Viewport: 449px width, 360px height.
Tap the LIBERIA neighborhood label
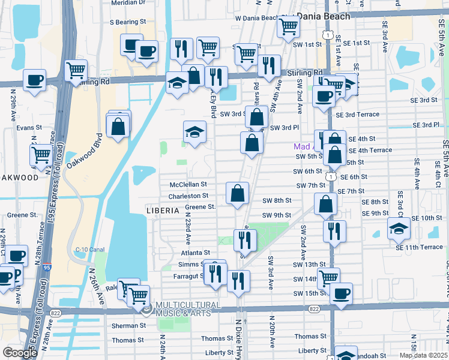pyautogui.click(x=163, y=211)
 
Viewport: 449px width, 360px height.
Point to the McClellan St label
pyautogui.click(x=188, y=184)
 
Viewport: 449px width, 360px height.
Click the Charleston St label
pyautogui.click(x=188, y=196)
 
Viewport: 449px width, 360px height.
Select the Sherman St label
pyautogui.click(x=128, y=325)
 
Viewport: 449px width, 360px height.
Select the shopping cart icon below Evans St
pyautogui.click(x=41, y=155)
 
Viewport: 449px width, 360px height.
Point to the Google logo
pyautogui.click(x=20, y=352)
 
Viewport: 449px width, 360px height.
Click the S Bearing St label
pyautogui.click(x=128, y=22)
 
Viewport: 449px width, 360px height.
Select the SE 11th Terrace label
pyautogui.click(x=418, y=247)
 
